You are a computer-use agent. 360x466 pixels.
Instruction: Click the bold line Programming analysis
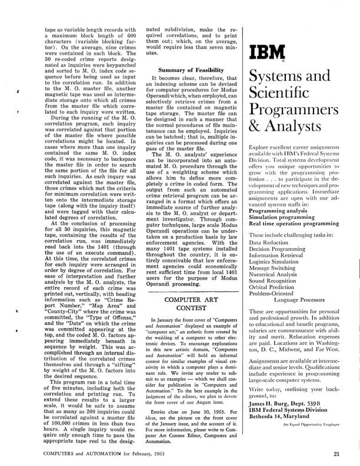(x=282, y=209)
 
